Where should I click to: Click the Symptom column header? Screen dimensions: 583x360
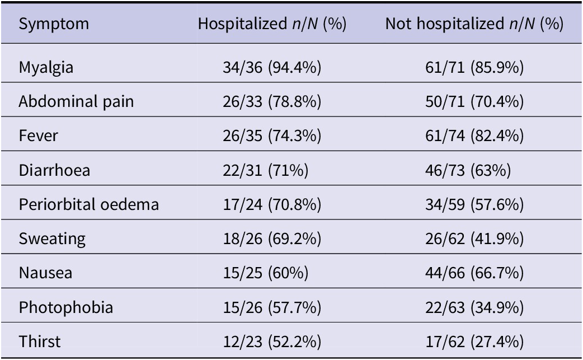coord(54,24)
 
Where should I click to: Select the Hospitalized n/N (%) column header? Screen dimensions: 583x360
coord(272,24)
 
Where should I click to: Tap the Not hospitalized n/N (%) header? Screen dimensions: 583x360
coord(474,24)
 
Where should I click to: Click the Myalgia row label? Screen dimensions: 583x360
coord(46,68)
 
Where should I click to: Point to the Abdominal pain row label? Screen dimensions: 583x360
coord(76,101)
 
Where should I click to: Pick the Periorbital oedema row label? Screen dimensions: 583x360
coord(89,204)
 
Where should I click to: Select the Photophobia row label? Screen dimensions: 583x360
coord(66,307)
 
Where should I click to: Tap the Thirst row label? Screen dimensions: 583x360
coord(40,342)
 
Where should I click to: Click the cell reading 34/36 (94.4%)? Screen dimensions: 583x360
coord(272,68)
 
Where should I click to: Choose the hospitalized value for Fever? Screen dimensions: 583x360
coord(272,135)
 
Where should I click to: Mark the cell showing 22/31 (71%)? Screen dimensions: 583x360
coord(266,170)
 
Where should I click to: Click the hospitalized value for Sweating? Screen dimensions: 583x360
coord(272,239)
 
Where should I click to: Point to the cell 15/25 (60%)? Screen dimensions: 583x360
coord(266,273)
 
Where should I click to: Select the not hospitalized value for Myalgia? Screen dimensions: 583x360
coord(474,68)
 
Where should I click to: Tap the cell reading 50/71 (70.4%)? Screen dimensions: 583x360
coord(474,101)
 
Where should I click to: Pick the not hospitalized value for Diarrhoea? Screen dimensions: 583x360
coord(468,170)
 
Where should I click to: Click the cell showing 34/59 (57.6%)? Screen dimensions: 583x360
coord(474,204)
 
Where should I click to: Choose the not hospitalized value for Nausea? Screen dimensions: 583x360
coord(474,273)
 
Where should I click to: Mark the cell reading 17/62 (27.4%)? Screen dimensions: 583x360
coord(474,342)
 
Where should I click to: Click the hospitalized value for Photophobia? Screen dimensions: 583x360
coord(272,307)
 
